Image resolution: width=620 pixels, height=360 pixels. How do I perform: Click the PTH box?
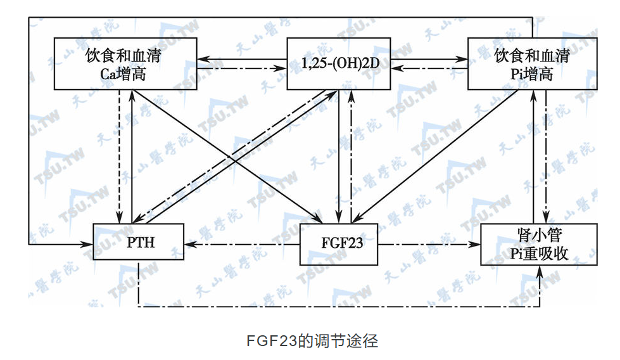pyautogui.click(x=139, y=243)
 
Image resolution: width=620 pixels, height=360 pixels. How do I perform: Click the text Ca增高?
pyautogui.click(x=123, y=74)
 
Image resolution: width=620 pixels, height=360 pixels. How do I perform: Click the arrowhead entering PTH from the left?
pyautogui.click(x=88, y=243)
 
